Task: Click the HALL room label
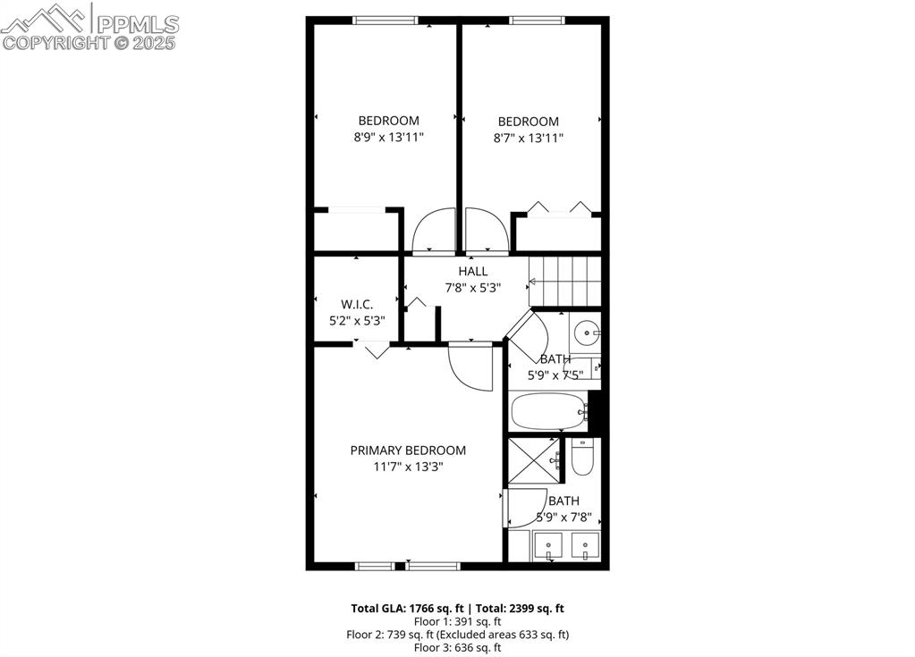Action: click(472, 271)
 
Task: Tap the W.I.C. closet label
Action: click(357, 304)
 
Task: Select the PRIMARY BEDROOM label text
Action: click(408, 451)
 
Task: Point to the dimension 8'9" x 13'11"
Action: click(389, 138)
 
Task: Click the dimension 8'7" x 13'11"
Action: click(528, 139)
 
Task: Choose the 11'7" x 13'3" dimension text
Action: click(409, 467)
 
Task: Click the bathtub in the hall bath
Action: click(548, 411)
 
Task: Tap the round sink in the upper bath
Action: click(585, 333)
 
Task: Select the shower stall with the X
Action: click(533, 460)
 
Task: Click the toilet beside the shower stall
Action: click(582, 457)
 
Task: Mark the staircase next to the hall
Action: click(565, 282)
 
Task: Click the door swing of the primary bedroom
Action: click(470, 368)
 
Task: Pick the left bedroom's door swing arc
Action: click(434, 231)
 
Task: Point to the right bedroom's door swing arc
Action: click(487, 231)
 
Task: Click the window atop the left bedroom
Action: click(385, 21)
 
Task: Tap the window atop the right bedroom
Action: click(537, 21)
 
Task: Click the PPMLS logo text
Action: click(138, 24)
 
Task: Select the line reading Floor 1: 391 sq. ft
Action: click(458, 621)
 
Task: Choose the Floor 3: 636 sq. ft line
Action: click(458, 647)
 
